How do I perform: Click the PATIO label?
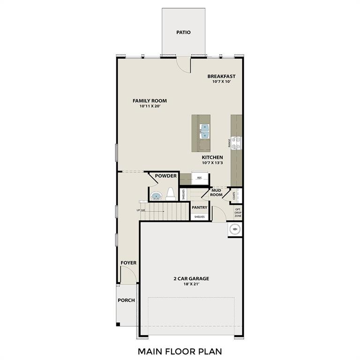tap(184, 33)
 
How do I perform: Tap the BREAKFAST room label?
tap(221, 76)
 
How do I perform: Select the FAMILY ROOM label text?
tap(150, 101)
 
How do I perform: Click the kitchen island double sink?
tap(205, 131)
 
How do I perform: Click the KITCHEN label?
tap(212, 157)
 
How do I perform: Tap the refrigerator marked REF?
tap(200, 178)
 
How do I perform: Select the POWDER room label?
tap(166, 176)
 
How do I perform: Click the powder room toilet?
tap(171, 194)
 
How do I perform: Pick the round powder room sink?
tap(156, 196)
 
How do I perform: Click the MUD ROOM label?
tap(216, 192)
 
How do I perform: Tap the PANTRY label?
tap(199, 207)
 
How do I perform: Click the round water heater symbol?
tap(235, 229)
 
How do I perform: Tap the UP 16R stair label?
tap(141, 210)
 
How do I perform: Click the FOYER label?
tap(128, 263)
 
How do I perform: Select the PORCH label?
tap(126, 300)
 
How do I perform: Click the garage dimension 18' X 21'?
tap(190, 284)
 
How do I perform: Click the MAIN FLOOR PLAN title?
tap(180, 350)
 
